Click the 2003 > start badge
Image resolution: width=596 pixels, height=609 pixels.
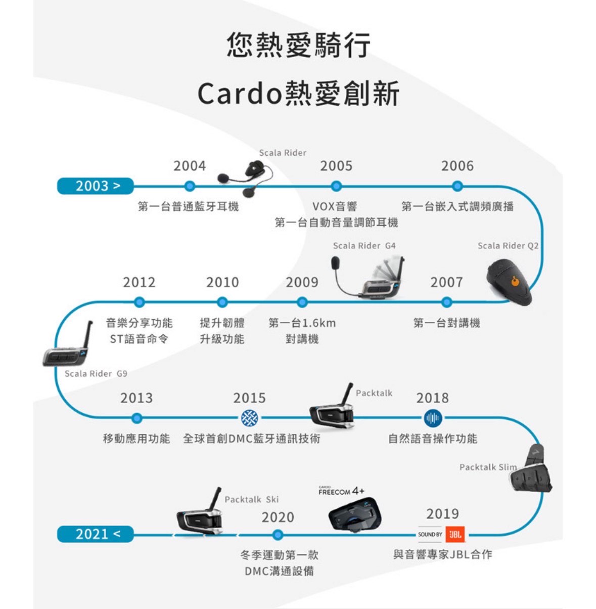(x=95, y=186)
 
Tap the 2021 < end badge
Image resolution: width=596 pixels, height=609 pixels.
(x=95, y=534)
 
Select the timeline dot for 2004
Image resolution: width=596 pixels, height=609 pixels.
(x=190, y=186)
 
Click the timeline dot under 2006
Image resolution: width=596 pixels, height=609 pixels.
(x=457, y=186)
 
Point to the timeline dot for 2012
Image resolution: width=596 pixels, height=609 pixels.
(x=139, y=302)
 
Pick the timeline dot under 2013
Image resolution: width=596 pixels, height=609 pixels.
(x=136, y=418)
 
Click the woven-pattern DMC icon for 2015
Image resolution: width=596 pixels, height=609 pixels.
(x=249, y=418)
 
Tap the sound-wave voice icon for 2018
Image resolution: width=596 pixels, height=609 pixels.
(x=432, y=418)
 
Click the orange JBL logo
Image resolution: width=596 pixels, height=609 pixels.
(x=455, y=534)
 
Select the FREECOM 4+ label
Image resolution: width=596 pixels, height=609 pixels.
(x=341, y=491)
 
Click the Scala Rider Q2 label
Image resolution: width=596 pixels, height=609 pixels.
(x=508, y=245)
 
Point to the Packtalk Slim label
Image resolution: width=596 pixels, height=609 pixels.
(x=488, y=467)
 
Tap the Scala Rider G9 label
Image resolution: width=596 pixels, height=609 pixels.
(x=96, y=374)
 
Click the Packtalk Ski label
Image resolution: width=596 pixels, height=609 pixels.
(x=251, y=499)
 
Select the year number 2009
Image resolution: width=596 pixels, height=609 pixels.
(x=302, y=282)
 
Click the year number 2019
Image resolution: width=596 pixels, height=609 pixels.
(x=442, y=514)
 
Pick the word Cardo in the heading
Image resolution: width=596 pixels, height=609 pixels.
(x=239, y=94)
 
